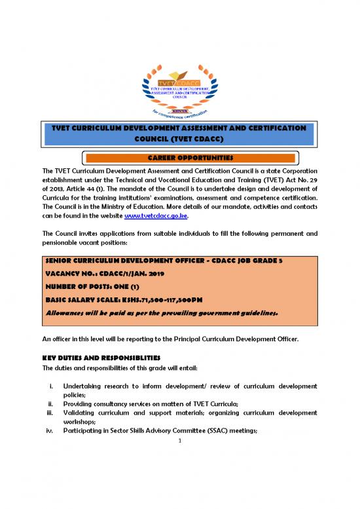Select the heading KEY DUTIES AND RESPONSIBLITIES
click(103, 358)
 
